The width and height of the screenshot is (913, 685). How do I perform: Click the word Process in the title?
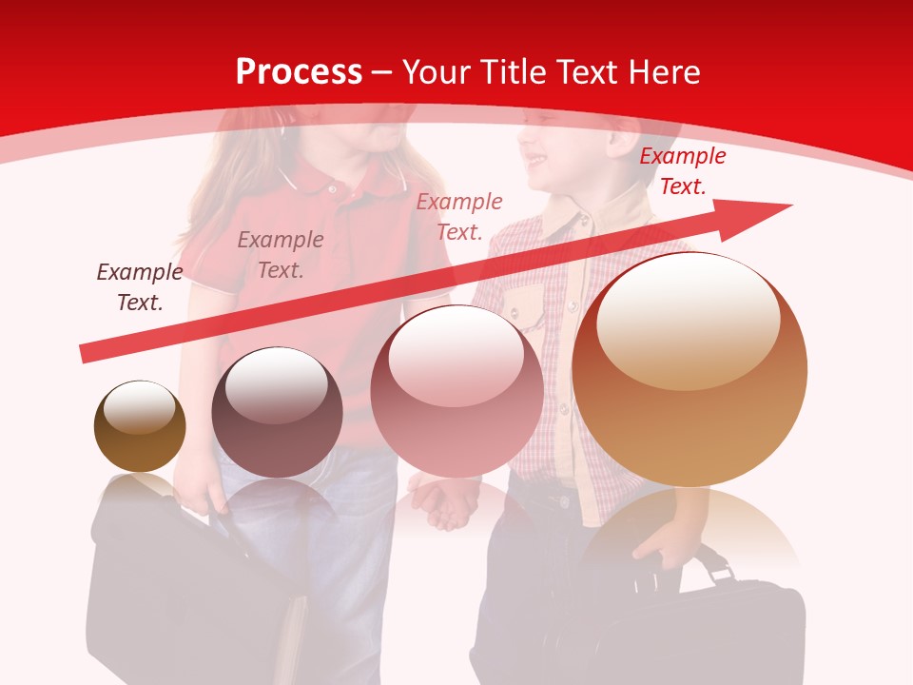point(299,72)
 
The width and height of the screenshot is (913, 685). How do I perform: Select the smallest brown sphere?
point(140,426)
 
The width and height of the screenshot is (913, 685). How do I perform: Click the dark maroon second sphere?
point(277,412)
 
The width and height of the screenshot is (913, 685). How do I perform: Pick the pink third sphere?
point(456,391)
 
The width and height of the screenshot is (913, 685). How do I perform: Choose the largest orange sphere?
point(690,369)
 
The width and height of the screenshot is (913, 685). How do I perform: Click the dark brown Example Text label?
point(139,287)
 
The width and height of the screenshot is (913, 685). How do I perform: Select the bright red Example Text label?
point(682,171)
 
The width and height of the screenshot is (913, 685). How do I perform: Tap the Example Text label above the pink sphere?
point(459,216)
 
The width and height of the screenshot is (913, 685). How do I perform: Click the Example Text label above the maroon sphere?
point(281,255)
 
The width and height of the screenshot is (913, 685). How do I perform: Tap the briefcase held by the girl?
point(190,590)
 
